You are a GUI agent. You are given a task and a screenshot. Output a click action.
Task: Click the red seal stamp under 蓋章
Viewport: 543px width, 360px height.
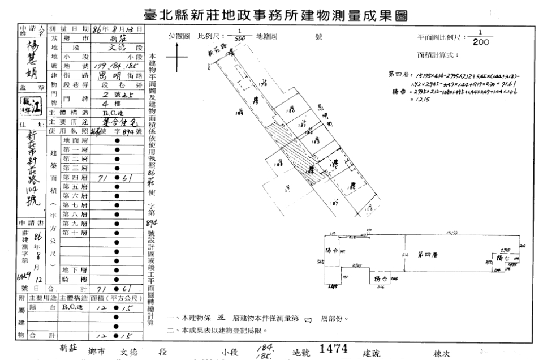(x=34, y=106)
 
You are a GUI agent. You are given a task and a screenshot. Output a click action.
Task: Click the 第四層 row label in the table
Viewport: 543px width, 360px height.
(x=75, y=177)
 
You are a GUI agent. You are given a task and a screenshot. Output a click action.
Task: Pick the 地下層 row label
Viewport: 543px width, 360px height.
(x=75, y=269)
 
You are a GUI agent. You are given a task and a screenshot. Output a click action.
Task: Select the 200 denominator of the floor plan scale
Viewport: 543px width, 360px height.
(x=481, y=42)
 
